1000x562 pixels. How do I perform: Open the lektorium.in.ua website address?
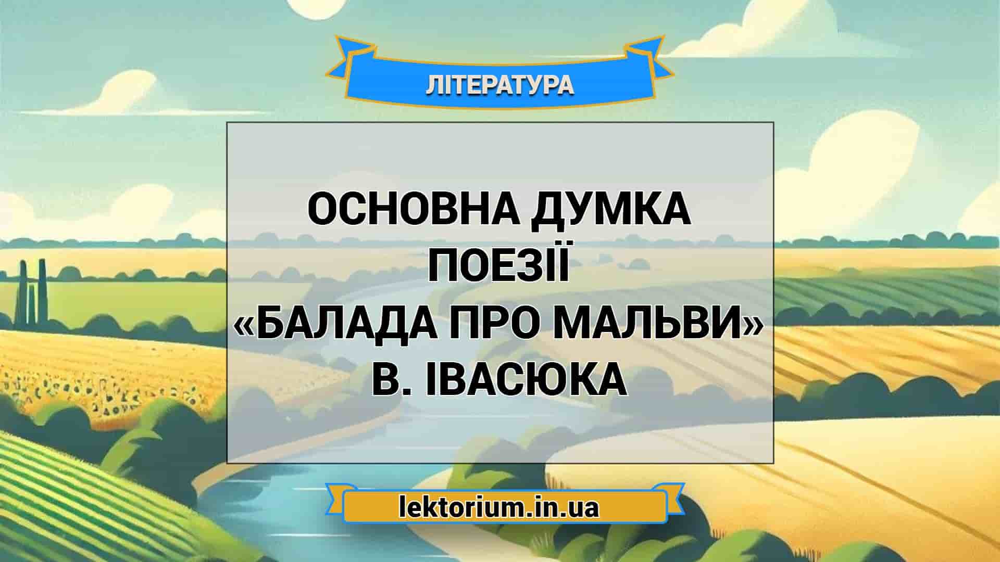tap(499, 507)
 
